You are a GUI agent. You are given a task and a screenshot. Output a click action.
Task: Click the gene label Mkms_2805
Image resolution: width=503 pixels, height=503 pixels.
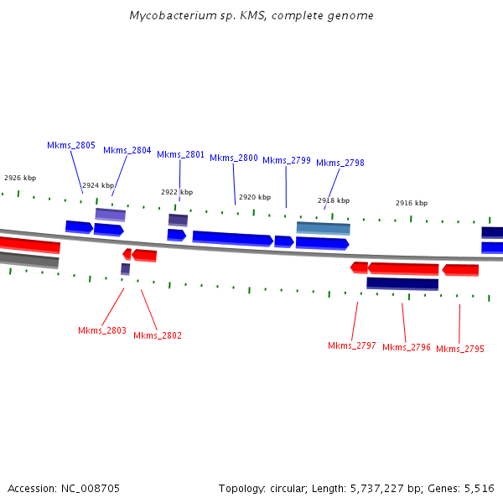70,145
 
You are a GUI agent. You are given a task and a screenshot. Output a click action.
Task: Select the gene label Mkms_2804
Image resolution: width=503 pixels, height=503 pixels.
127,150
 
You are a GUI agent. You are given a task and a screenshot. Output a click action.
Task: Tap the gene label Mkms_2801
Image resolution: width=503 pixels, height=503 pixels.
180,154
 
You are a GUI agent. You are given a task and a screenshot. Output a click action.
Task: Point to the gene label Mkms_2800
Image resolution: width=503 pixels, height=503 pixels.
234,158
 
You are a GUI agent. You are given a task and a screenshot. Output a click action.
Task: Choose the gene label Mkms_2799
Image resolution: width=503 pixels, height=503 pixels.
287,160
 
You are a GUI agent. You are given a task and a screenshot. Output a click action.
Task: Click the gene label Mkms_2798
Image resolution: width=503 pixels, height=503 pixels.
340,163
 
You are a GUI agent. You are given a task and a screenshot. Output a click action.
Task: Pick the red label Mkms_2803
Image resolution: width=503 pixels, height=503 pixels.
102,330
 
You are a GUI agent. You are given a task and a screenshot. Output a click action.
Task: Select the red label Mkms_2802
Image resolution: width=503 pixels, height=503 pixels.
158,335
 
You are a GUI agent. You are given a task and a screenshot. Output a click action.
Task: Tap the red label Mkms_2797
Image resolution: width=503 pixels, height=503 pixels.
352,345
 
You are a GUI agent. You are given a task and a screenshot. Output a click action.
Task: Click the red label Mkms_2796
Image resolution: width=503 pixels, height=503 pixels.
407,347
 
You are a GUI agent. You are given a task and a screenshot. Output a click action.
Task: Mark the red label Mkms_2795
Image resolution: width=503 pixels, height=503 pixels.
460,349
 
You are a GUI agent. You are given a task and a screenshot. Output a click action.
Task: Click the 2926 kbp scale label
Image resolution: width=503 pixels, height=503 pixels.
20,178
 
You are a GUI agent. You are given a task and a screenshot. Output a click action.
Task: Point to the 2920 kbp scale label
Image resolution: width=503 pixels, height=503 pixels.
255,197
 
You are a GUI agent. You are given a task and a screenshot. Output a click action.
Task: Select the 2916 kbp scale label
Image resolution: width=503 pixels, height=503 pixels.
412,203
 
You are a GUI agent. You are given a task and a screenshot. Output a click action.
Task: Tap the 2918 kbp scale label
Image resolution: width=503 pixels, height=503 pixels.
334,200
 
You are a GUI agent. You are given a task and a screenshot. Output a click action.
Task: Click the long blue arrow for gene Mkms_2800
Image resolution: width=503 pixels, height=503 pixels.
232,239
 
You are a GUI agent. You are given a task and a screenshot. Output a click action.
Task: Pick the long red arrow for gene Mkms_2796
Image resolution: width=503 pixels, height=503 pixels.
403,268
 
